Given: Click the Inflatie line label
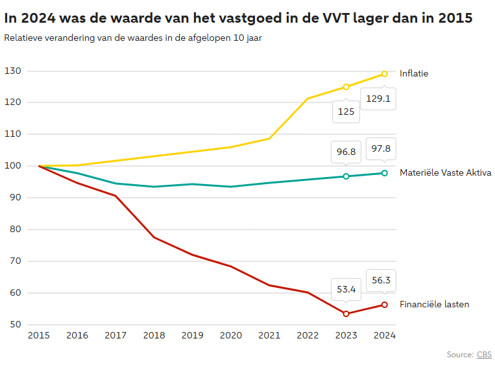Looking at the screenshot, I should tap(414, 74).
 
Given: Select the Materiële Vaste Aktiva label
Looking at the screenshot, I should tap(445, 173).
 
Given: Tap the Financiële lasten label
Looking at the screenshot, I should tap(434, 305).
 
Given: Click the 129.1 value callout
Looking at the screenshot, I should tap(378, 99).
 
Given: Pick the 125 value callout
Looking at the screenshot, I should tap(346, 112).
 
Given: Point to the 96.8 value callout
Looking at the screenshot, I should tap(346, 152).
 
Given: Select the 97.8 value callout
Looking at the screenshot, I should tap(381, 148).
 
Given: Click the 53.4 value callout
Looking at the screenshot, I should tap(346, 290).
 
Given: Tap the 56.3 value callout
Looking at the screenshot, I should tap(381, 281).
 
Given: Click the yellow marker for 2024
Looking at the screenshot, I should tap(385, 74).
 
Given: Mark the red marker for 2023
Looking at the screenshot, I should tap(346, 314).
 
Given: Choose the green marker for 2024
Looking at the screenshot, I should tap(385, 173).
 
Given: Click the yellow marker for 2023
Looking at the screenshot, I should tap(346, 87).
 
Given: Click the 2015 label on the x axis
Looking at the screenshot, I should tap(39, 336).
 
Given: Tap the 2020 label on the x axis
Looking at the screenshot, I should tap(231, 336).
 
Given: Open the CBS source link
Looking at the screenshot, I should tap(484, 355).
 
